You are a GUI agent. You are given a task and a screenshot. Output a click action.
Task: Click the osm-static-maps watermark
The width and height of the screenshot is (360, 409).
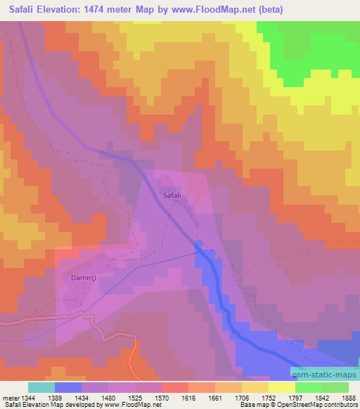323,376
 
